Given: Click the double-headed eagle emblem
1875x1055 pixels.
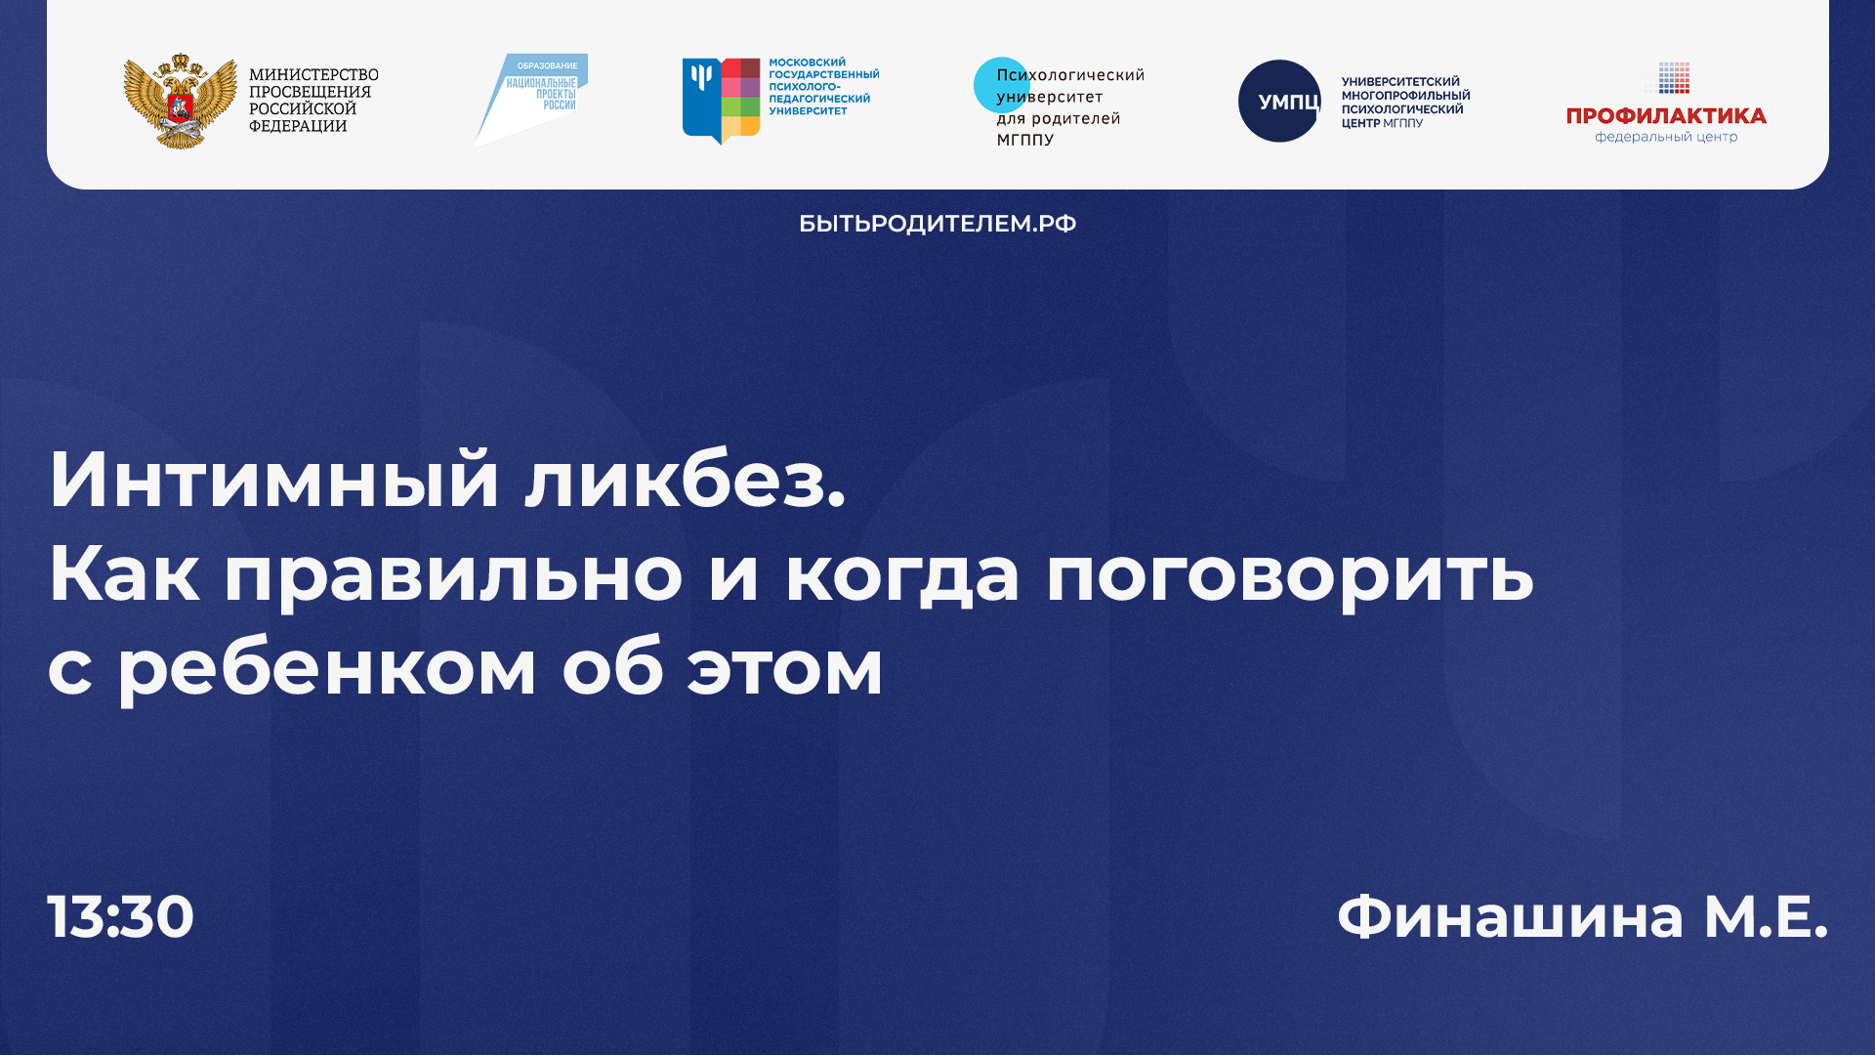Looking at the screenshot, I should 180,101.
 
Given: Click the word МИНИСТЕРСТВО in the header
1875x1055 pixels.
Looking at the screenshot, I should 313,75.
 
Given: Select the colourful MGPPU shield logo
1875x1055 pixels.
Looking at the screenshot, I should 721,101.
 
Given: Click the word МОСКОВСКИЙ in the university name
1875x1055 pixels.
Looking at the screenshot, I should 807,63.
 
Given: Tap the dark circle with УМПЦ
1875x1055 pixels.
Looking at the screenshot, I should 1279,102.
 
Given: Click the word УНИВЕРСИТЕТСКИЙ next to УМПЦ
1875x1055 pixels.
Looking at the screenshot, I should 1399,82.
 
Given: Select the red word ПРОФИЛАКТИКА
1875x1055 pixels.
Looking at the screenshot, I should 1666,116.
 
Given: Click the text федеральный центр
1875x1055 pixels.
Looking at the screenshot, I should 1666,138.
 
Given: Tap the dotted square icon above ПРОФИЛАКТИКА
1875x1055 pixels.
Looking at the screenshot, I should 1673,78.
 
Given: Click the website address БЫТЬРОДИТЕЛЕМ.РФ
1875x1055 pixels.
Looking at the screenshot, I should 937,224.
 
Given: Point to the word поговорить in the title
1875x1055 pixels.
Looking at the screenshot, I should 1289,574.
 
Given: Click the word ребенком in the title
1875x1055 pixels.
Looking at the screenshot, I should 327,669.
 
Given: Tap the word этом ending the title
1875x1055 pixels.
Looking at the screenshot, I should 785,669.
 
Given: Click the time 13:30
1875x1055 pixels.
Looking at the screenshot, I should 121,916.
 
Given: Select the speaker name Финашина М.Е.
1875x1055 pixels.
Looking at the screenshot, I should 1581,916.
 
